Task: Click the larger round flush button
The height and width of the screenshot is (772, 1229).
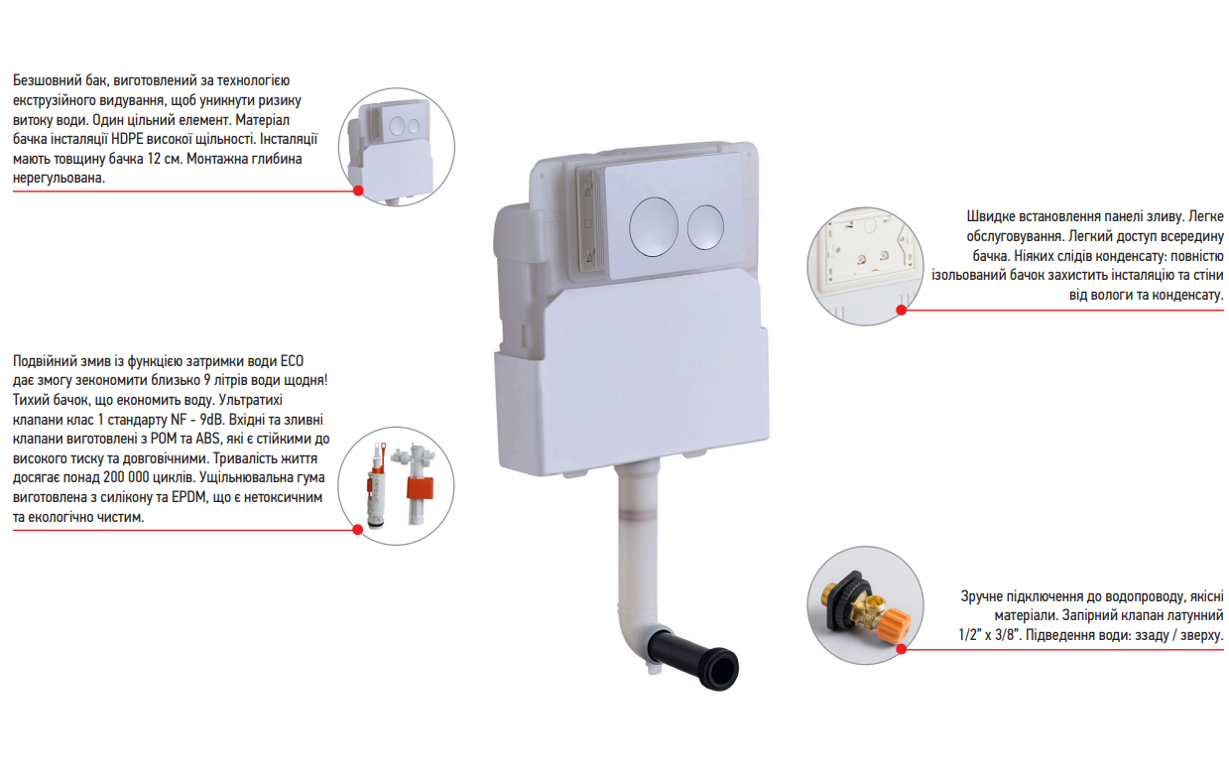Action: [654, 226]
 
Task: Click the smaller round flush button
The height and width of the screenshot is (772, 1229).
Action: [705, 227]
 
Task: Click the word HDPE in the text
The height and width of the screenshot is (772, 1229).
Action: [127, 139]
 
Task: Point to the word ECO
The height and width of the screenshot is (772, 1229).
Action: [292, 361]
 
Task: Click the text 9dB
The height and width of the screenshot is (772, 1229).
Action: [212, 420]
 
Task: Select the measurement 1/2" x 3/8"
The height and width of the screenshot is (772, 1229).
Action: [988, 635]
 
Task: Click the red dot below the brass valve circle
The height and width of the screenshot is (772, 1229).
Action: [901, 649]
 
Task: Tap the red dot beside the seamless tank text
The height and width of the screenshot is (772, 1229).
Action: [358, 191]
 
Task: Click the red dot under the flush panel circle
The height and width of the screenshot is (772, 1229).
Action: [901, 310]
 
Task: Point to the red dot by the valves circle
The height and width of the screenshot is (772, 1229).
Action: [358, 530]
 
